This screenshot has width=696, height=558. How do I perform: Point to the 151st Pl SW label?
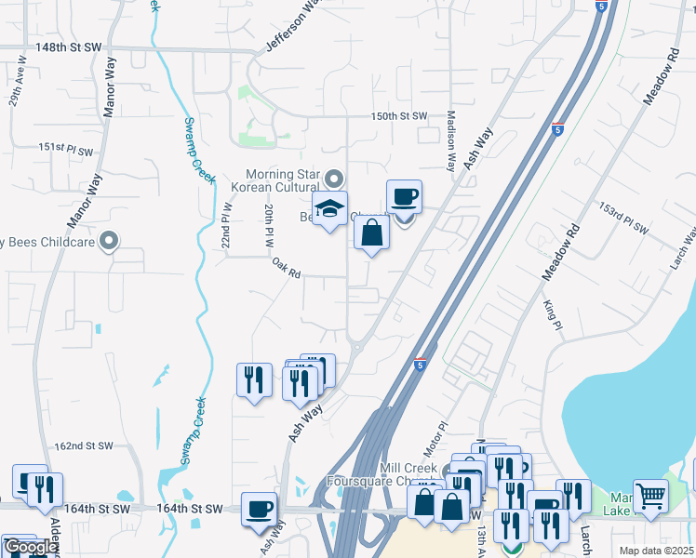(66, 149)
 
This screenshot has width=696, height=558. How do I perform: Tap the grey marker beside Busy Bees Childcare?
(110, 242)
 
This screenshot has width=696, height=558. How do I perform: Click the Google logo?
(30, 547)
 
